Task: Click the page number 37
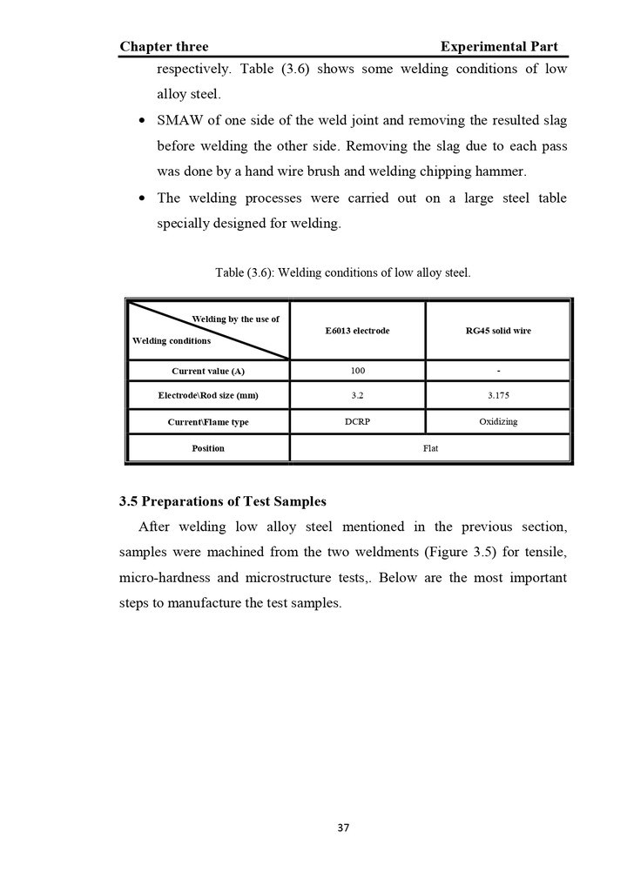pyautogui.click(x=343, y=828)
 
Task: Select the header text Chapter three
pyautogui.click(x=164, y=46)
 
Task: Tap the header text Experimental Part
pyautogui.click(x=499, y=46)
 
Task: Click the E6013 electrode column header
pyautogui.click(x=357, y=331)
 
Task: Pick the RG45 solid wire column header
pyautogui.click(x=498, y=331)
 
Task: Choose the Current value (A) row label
pyautogui.click(x=208, y=371)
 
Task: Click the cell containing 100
pyautogui.click(x=357, y=371)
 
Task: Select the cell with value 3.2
pyautogui.click(x=357, y=396)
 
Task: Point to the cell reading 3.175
pyautogui.click(x=498, y=396)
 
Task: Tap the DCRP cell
pyautogui.click(x=357, y=422)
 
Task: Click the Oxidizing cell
pyautogui.click(x=498, y=422)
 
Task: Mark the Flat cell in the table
pyautogui.click(x=430, y=448)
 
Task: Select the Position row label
pyautogui.click(x=208, y=448)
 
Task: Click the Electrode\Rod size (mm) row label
pyautogui.click(x=208, y=396)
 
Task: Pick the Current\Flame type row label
pyautogui.click(x=208, y=422)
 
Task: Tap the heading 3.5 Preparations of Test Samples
pyautogui.click(x=222, y=501)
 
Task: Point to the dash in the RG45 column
pyautogui.click(x=498, y=372)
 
